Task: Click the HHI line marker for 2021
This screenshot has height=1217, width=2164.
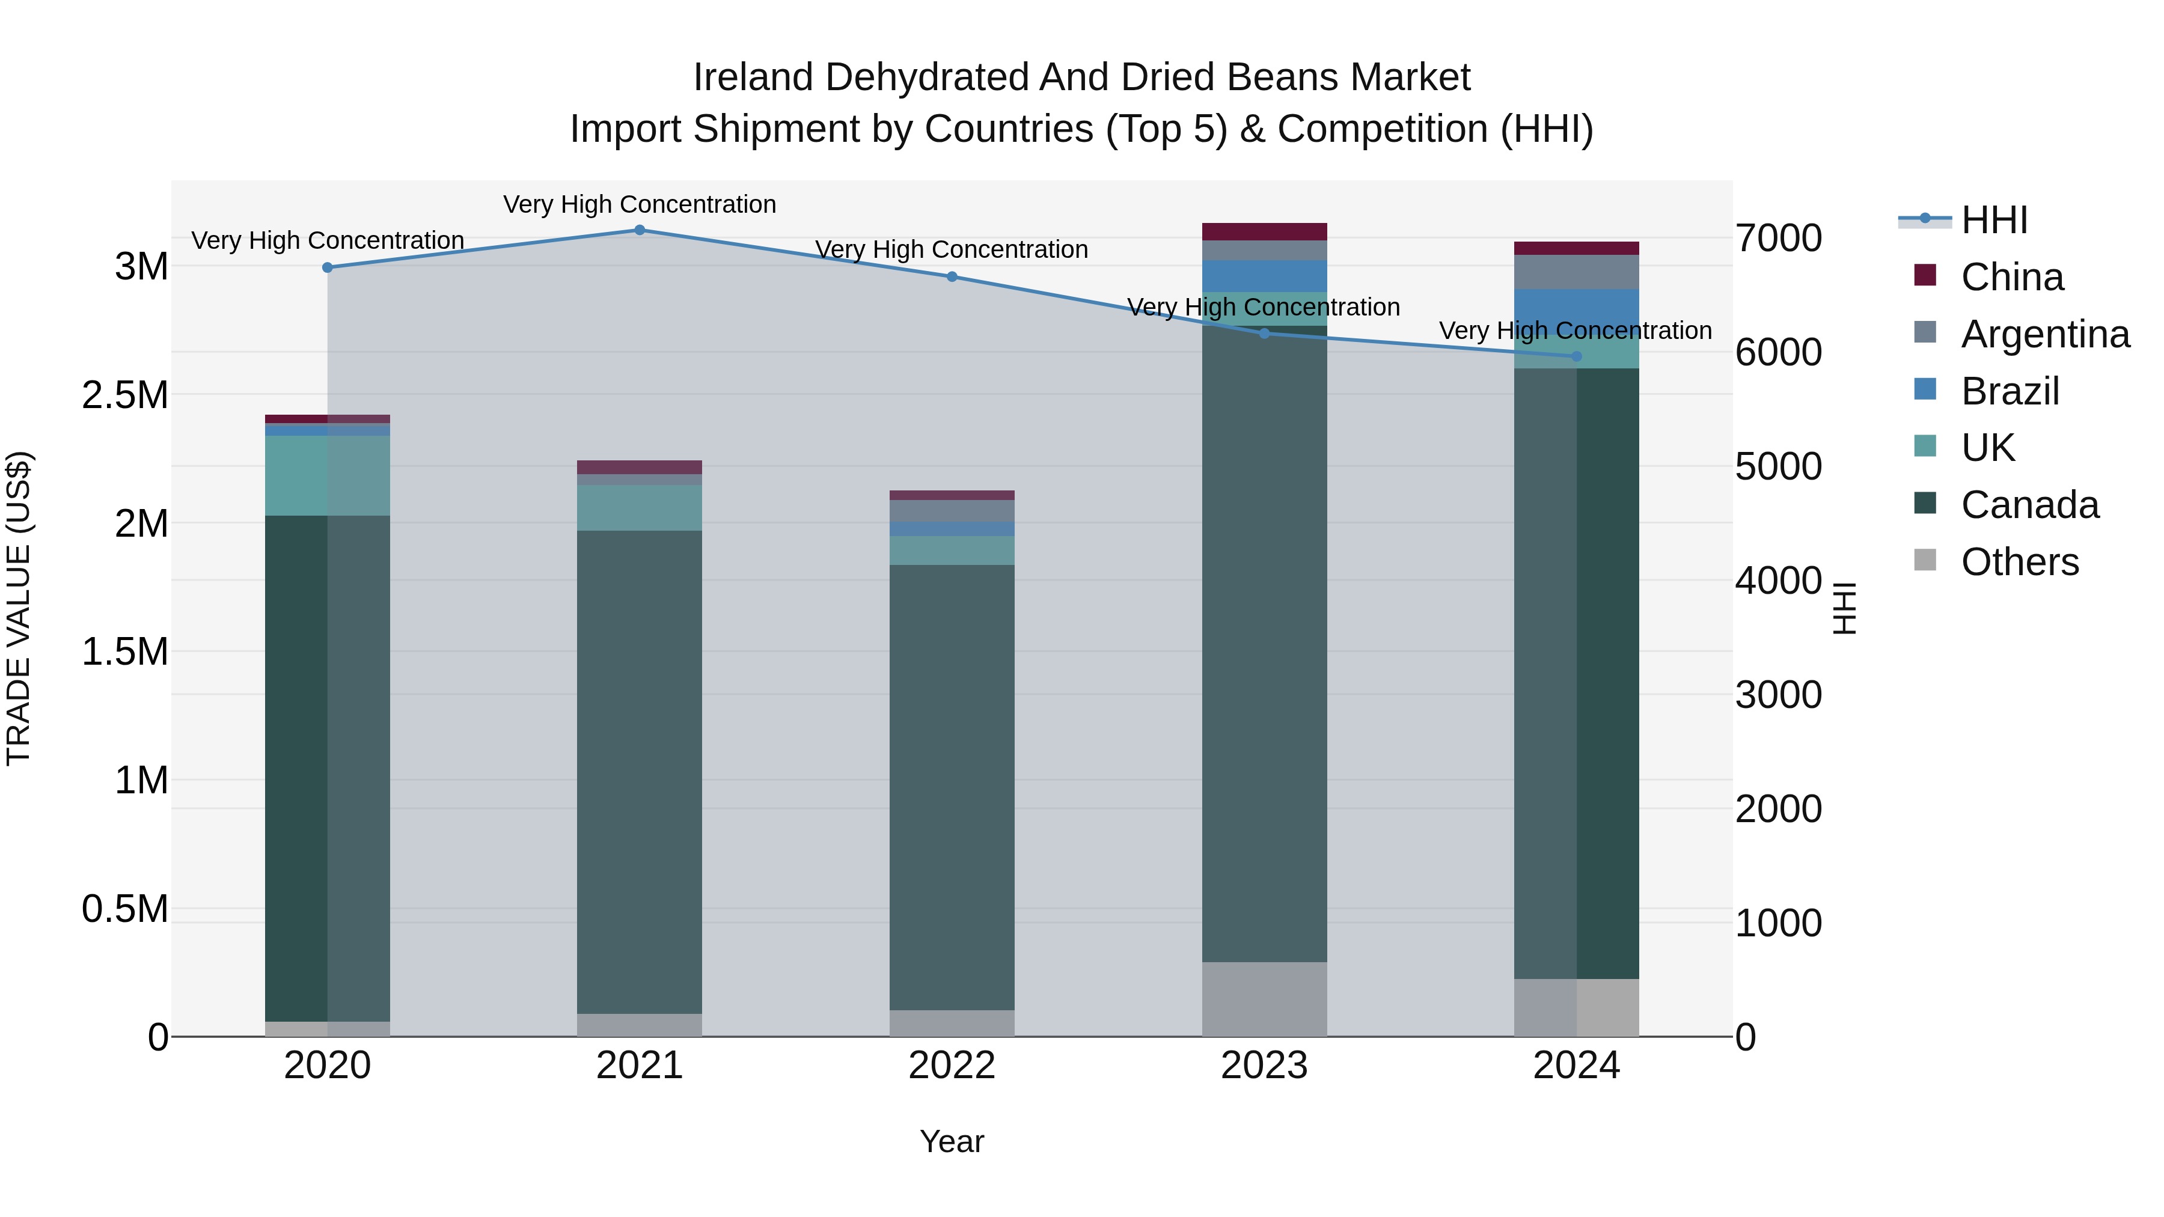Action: pos(640,230)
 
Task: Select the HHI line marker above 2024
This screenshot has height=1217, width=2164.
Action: pos(1576,357)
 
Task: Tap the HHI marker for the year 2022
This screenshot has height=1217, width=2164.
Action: pos(952,277)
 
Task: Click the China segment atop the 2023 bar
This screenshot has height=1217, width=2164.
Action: pos(1264,232)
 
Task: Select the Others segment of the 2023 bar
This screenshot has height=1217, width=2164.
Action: pos(1264,999)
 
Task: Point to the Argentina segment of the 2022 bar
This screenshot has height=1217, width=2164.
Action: pos(952,511)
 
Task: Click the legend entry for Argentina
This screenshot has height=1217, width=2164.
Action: pos(2045,334)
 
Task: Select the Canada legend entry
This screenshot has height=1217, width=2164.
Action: pos(2029,505)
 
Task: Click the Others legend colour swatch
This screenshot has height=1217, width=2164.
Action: pos(1925,560)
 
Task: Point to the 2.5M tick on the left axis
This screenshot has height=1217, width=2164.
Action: pos(125,395)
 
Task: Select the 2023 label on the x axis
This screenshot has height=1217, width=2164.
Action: pos(1264,1066)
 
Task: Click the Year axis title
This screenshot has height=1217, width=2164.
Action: pos(952,1141)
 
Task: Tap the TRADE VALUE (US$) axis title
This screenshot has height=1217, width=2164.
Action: pos(19,608)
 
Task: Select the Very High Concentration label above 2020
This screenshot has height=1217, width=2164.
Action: pos(328,240)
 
